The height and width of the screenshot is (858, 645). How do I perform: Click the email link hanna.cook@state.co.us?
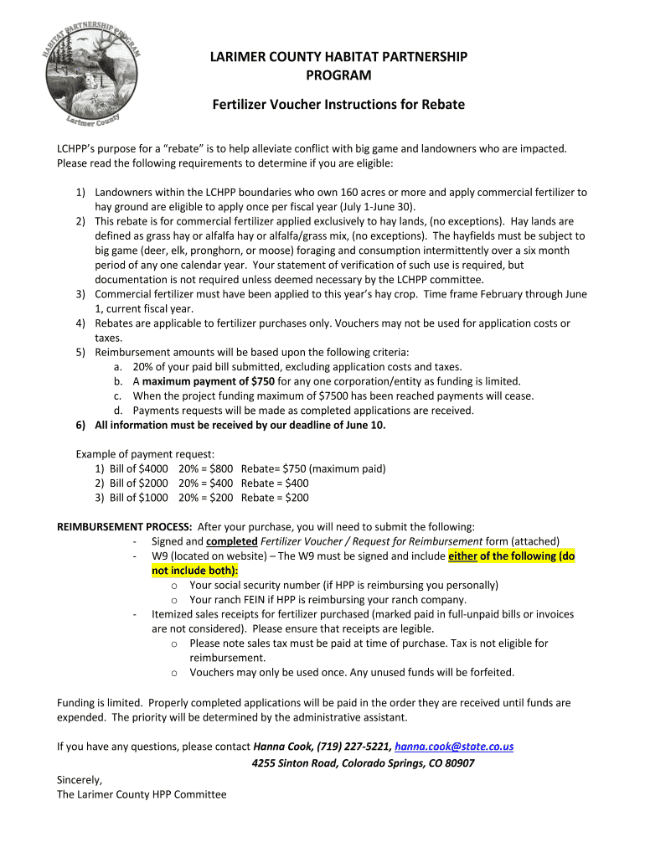coord(453,747)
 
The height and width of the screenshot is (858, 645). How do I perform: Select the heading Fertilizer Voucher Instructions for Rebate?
coord(338,105)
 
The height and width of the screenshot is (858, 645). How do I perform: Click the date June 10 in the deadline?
coord(367,425)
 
